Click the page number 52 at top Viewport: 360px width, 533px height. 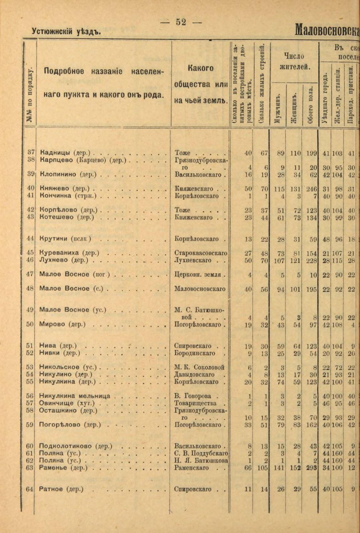point(181,22)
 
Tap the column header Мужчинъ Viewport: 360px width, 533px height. point(277,106)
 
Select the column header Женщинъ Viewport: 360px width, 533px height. point(294,106)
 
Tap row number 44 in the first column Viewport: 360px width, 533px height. point(30,239)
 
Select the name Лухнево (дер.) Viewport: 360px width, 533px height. point(64,260)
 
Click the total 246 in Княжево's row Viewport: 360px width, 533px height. point(311,189)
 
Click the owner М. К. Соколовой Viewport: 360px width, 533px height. point(199,367)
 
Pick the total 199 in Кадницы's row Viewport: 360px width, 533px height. point(311,153)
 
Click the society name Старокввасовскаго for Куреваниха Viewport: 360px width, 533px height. point(201,253)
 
